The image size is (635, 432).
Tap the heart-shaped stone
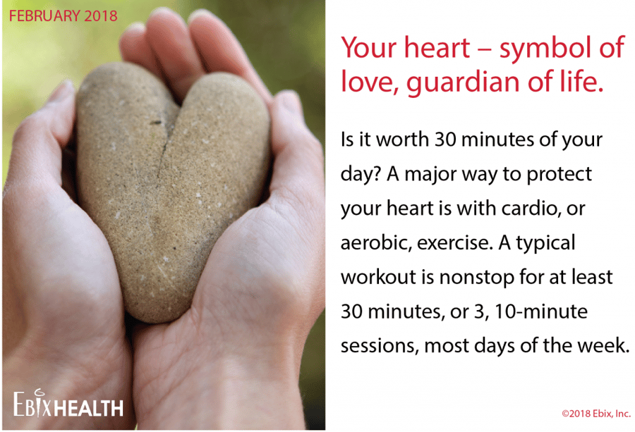click(172, 190)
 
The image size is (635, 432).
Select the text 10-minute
click(540, 312)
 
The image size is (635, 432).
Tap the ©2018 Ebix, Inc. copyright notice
click(596, 414)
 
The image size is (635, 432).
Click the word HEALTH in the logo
click(89, 408)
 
